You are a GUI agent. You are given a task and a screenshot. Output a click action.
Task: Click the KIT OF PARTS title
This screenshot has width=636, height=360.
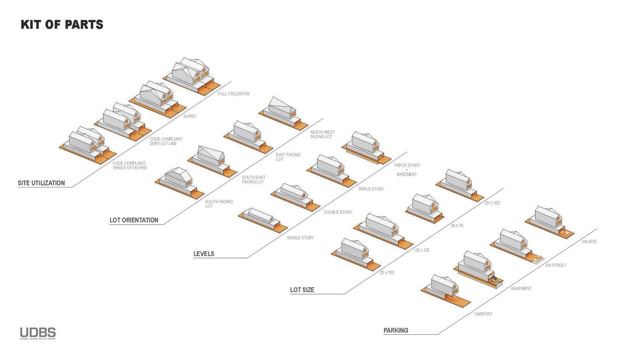pos(62,25)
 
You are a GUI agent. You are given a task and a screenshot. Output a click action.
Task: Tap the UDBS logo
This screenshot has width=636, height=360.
pos(38,333)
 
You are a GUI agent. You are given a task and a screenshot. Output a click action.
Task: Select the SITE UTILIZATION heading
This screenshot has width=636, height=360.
pos(41,183)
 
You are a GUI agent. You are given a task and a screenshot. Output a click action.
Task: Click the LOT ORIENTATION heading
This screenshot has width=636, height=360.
pos(134,220)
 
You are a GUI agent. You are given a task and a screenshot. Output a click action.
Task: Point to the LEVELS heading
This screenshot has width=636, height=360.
pos(204,254)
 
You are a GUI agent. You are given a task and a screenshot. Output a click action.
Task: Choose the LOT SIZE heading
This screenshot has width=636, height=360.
pos(302,290)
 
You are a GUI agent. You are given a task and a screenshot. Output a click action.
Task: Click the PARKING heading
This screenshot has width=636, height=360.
pos(396,331)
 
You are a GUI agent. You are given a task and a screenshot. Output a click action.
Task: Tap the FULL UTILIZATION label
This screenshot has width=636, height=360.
pos(234,94)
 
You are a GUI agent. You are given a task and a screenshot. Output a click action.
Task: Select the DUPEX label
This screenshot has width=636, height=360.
pos(190,117)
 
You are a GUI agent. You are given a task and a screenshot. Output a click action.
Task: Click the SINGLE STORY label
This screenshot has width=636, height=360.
pos(300,238)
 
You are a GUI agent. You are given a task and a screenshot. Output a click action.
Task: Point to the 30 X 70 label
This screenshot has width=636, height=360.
pos(456,226)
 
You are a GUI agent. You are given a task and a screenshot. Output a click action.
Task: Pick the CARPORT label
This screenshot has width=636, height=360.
pos(483,314)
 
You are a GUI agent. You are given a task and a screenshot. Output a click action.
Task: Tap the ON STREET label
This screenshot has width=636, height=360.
pos(556,265)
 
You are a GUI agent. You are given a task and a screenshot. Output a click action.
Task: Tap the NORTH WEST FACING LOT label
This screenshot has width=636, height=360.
pos(322,134)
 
